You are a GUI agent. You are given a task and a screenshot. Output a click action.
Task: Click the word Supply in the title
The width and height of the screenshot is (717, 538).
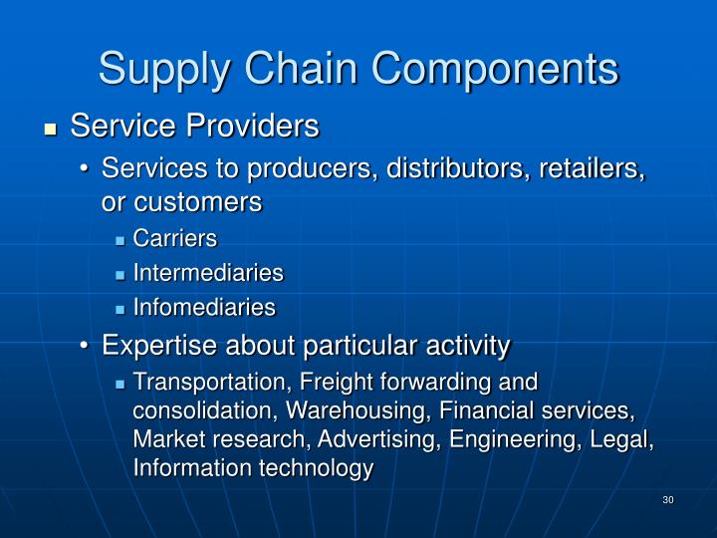click(x=161, y=70)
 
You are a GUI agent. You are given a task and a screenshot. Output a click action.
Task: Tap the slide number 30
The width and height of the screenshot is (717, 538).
click(x=667, y=499)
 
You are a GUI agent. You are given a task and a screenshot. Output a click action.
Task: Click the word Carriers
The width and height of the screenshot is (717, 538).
click(x=174, y=238)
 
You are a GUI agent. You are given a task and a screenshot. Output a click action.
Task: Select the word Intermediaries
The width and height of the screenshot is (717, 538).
click(x=207, y=273)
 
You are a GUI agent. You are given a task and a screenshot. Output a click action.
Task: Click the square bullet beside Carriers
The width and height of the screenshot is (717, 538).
click(x=120, y=239)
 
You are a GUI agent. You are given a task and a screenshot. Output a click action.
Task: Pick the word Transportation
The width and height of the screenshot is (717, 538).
click(x=201, y=382)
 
